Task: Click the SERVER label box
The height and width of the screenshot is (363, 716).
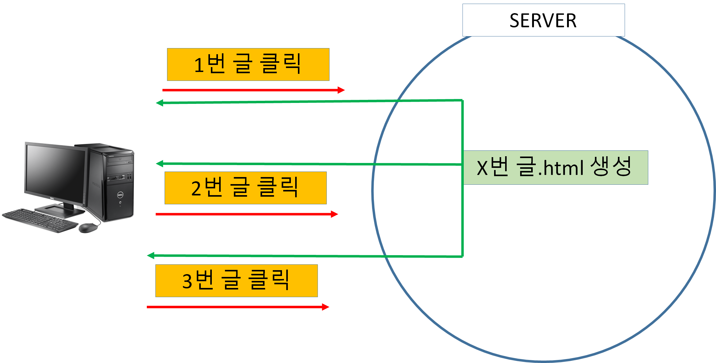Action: [543, 20]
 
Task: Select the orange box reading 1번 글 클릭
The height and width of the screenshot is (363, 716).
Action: [248, 64]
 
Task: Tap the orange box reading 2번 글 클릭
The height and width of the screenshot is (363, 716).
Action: [246, 188]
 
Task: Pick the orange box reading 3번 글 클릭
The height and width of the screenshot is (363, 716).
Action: [236, 281]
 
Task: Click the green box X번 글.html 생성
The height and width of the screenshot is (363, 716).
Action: [556, 168]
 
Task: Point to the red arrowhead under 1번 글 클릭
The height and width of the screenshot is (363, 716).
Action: [341, 90]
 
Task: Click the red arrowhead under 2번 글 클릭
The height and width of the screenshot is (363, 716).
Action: [334, 214]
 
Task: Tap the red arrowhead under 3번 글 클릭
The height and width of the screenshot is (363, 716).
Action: [326, 307]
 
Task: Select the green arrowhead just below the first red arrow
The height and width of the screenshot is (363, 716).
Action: [160, 103]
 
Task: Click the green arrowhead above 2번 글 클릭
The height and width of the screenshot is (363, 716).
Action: [160, 164]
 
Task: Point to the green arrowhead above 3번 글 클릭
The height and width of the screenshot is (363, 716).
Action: [151, 255]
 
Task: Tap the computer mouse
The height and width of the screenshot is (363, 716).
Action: [88, 228]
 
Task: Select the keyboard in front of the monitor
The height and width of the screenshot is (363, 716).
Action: [40, 220]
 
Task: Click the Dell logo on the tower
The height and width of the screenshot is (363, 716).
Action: [120, 195]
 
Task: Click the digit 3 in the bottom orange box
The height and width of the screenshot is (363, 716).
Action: [187, 281]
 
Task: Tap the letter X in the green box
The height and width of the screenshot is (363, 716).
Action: [482, 168]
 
